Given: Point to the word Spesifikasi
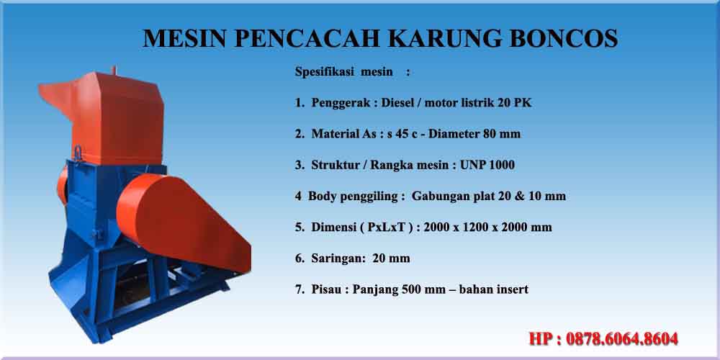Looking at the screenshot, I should (x=325, y=72).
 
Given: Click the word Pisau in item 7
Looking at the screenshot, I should (x=326, y=289).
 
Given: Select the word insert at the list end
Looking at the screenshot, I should (x=512, y=289).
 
